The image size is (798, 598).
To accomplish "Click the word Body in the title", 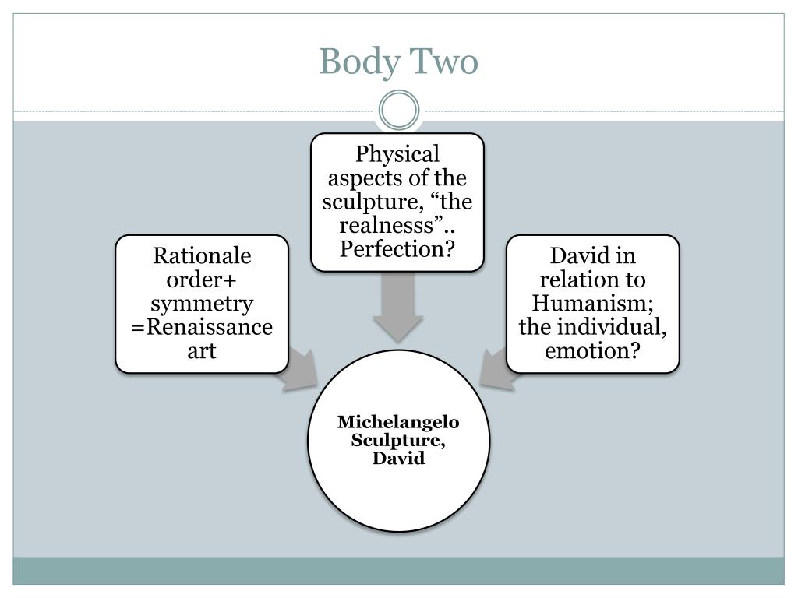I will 355,62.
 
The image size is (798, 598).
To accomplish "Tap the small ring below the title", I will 398,111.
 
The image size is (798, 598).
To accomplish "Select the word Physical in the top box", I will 397,154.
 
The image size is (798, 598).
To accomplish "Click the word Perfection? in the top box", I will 397,250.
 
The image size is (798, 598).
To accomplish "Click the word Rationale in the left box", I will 202,255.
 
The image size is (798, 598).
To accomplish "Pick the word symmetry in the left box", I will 202,303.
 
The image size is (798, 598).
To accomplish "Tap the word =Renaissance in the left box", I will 202,326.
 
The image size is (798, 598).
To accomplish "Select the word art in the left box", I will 202,350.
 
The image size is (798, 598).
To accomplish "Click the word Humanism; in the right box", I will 593,303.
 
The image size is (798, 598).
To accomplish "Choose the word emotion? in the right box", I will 593,350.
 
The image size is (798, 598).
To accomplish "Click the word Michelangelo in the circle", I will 398,422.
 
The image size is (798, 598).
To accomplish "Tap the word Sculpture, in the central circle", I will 398,441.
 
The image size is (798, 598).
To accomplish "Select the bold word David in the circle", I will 398,459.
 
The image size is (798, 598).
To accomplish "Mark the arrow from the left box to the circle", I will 301,371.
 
